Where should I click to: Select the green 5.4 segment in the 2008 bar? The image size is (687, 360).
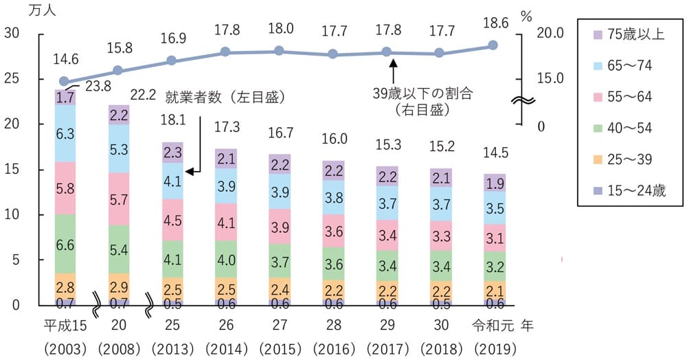pos(119,250)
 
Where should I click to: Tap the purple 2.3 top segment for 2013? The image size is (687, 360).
pos(173,152)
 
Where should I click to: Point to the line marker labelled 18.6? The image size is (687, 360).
pos(493,45)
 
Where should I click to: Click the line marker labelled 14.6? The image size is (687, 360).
pos(65,81)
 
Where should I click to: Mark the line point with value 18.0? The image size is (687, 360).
pos(278,50)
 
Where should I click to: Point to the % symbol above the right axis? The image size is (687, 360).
pos(526,15)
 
